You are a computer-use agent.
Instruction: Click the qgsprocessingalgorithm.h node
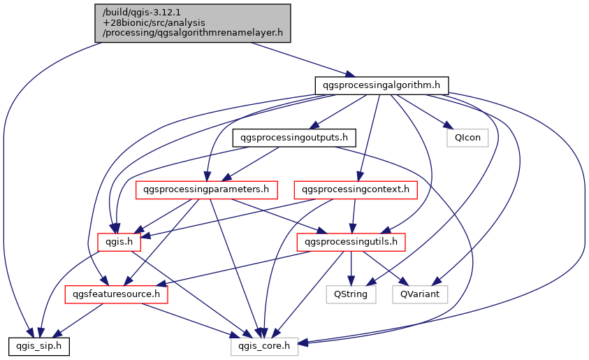point(381,85)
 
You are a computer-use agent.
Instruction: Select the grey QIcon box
point(467,137)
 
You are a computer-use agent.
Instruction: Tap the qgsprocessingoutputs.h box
point(294,137)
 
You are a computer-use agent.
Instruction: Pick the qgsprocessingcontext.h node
point(356,189)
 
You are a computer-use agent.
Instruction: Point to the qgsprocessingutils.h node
point(351,242)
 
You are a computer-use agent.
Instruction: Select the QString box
point(351,294)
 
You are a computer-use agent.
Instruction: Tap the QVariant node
point(420,294)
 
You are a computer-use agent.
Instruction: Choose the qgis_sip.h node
point(38,345)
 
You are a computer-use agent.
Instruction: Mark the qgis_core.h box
point(265,345)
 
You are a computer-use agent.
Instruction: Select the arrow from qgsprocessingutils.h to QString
point(351,268)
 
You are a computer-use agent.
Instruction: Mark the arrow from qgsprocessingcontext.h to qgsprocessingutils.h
point(354,215)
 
